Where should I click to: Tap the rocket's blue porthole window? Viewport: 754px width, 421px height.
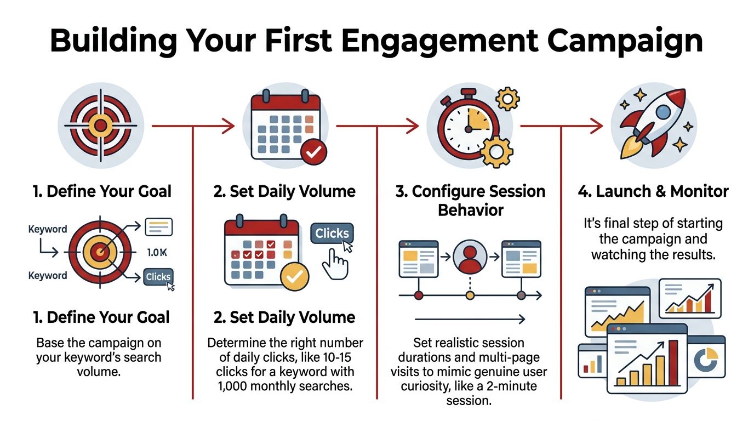point(663,112)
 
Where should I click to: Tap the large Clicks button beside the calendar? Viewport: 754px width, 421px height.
point(332,234)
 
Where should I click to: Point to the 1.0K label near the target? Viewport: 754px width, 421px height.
point(157,253)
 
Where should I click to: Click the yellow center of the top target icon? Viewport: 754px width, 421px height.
point(100,126)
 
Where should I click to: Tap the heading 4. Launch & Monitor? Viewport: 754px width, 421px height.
point(653,191)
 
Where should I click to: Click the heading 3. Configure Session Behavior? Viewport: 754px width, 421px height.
point(470,201)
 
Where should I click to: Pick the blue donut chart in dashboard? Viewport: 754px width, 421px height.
point(706,358)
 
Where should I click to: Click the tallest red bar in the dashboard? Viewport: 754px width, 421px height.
point(673,363)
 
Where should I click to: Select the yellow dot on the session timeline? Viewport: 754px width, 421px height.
point(470,296)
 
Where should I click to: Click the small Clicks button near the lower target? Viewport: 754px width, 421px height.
point(158,277)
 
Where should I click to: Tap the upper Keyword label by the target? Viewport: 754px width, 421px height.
point(48,230)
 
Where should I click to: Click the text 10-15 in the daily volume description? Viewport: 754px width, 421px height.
point(341,357)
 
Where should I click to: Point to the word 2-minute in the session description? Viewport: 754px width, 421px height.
point(509,386)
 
